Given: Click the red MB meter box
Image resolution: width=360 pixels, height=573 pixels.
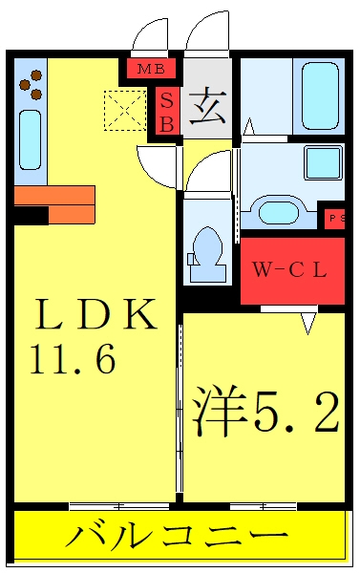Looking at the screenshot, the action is (x=151, y=69).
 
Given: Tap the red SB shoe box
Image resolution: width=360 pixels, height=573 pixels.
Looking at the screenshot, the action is (x=167, y=111).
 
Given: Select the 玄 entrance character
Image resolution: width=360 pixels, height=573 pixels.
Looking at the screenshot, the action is (x=207, y=107).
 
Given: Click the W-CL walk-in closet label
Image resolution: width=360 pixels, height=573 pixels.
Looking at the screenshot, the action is (x=289, y=270).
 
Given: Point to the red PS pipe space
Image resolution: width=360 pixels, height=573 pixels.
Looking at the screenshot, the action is (x=335, y=219).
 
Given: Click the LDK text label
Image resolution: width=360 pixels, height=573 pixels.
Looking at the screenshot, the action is (x=96, y=314).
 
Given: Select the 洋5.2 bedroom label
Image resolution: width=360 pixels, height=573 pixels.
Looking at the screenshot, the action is (x=265, y=413).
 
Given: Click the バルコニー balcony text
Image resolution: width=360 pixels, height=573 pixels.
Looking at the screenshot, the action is (x=178, y=537).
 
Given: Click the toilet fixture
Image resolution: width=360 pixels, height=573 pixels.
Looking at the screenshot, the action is (x=207, y=255).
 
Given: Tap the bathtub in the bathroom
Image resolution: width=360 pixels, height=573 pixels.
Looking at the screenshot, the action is (x=320, y=95).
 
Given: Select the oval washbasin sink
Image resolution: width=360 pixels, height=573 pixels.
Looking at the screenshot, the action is (x=279, y=213).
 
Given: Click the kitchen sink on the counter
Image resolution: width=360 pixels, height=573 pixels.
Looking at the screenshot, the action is (x=30, y=139).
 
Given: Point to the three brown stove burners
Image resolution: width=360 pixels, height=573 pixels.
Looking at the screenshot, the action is (x=32, y=85).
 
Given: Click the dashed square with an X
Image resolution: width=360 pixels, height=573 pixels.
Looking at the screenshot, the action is (x=125, y=111).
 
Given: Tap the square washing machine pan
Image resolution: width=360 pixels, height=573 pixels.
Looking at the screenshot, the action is (x=323, y=162).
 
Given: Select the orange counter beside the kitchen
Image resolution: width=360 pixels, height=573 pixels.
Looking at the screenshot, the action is (x=55, y=204).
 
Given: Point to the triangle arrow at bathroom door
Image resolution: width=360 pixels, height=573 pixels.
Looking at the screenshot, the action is (x=249, y=127).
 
